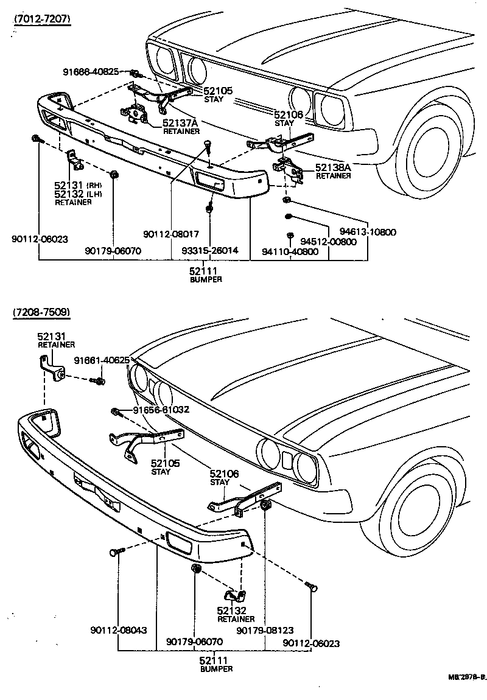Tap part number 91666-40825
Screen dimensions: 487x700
point(91,72)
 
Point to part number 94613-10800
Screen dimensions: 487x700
point(368,232)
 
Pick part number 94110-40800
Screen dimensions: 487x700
point(290,251)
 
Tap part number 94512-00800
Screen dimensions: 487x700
point(331,241)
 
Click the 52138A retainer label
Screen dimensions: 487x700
point(333,170)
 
